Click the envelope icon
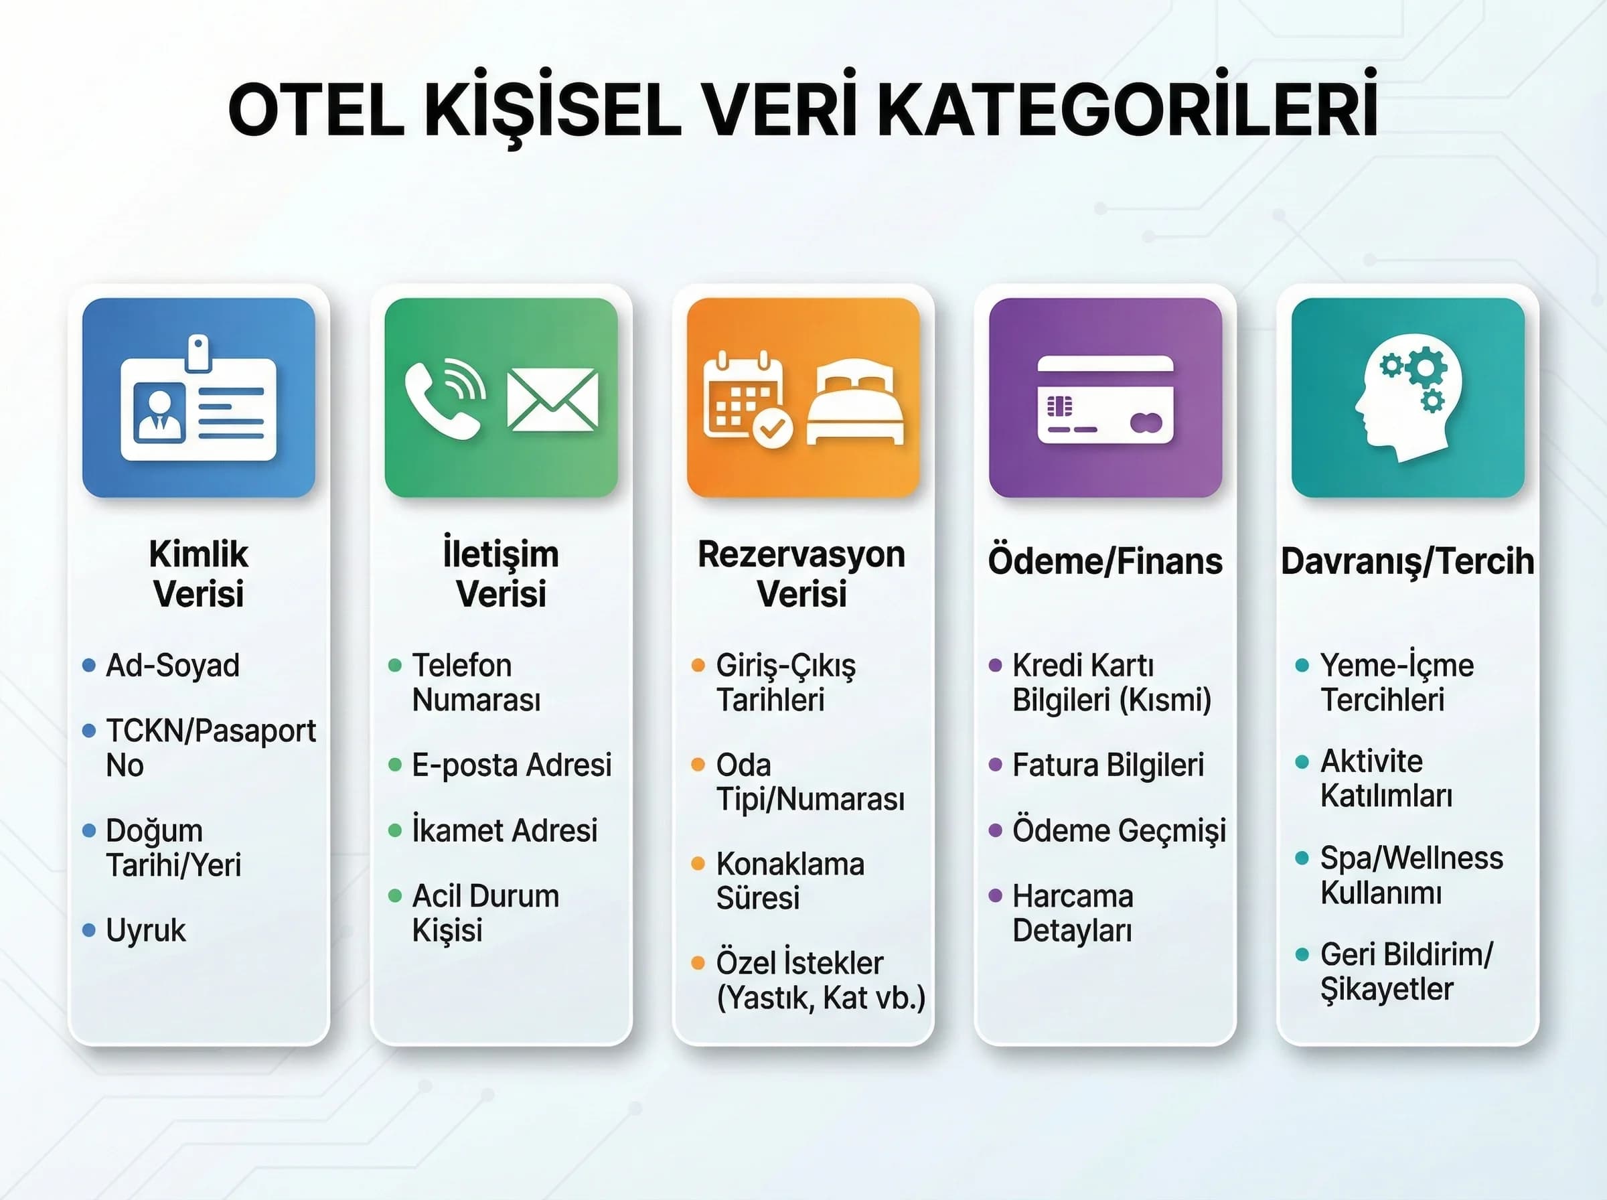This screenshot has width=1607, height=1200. point(552,400)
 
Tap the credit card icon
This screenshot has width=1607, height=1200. point(1105,400)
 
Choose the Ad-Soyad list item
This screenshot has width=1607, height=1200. point(173,666)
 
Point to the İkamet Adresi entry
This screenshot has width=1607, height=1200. point(505,830)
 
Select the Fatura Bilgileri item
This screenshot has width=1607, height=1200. point(1108,765)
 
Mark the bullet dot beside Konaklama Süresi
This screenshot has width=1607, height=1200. point(698,864)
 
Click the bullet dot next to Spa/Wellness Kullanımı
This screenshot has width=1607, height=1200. point(1302,858)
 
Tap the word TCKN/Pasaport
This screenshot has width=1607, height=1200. point(211,731)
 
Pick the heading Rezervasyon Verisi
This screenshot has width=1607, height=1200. point(801,574)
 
